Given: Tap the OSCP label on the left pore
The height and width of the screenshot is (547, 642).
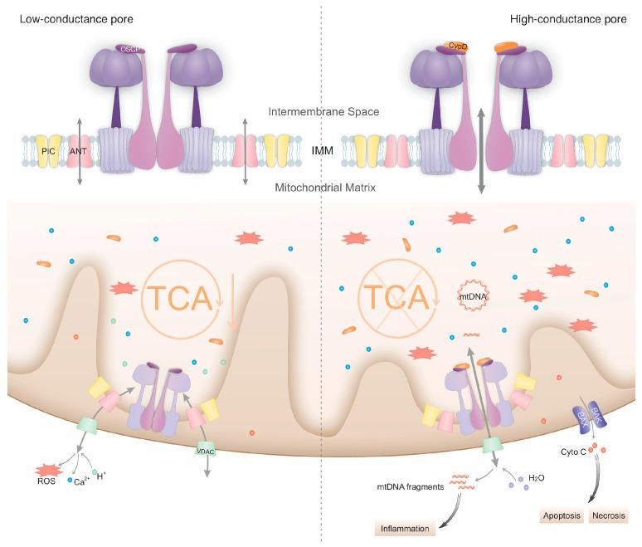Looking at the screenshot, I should pyautogui.click(x=129, y=50).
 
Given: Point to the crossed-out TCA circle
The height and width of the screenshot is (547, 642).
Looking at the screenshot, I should pyautogui.click(x=396, y=296).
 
